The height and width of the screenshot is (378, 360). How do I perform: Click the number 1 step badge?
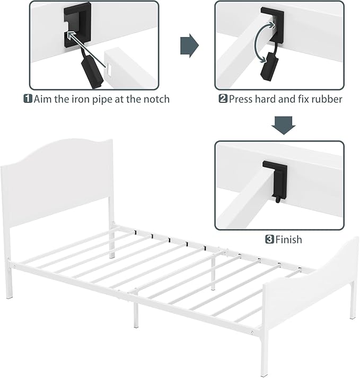(27, 99)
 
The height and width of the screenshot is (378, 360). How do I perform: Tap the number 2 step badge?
(223, 99)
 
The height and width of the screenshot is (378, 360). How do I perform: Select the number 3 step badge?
(269, 240)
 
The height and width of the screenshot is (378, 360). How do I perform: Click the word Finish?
(288, 240)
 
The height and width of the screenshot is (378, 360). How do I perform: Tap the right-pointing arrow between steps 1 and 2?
(189, 45)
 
